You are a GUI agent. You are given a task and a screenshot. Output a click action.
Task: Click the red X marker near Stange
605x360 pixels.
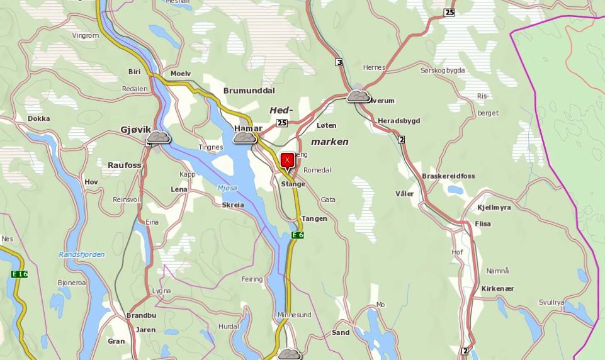click(x=287, y=160)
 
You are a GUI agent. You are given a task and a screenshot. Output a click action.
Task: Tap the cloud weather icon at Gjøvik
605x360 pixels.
click(x=158, y=137)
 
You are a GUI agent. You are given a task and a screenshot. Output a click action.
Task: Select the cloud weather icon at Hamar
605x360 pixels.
click(x=244, y=137)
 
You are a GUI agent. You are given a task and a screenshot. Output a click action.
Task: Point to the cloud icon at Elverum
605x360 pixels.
click(x=358, y=96)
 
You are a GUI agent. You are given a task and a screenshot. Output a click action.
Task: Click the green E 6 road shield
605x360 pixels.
click(x=298, y=235)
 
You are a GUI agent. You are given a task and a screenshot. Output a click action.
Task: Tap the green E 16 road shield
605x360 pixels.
click(x=19, y=274)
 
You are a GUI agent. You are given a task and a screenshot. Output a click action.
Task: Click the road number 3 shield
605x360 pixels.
click(x=339, y=62)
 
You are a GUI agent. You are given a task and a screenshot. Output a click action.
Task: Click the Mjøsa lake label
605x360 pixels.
click(x=227, y=188)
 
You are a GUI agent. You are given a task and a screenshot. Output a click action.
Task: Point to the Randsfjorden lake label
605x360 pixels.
click(x=82, y=254)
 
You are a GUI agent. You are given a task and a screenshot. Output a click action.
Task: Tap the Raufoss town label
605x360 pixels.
click(x=123, y=165)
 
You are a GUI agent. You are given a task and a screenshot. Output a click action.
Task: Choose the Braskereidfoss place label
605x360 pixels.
click(x=448, y=176)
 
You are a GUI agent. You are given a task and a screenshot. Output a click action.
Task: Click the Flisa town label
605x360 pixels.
click(x=483, y=223)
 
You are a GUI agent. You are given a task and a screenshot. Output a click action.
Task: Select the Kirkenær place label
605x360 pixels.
click(x=497, y=288)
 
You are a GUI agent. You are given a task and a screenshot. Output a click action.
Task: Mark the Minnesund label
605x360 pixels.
click(x=294, y=315)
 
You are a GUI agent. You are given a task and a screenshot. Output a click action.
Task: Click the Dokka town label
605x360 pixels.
click(x=38, y=118)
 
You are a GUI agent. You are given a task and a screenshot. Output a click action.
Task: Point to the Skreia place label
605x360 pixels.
click(x=233, y=205)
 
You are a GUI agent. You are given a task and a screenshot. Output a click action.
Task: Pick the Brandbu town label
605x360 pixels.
click(x=141, y=315)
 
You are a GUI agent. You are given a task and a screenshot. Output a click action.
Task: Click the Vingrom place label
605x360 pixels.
click(x=86, y=35)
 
